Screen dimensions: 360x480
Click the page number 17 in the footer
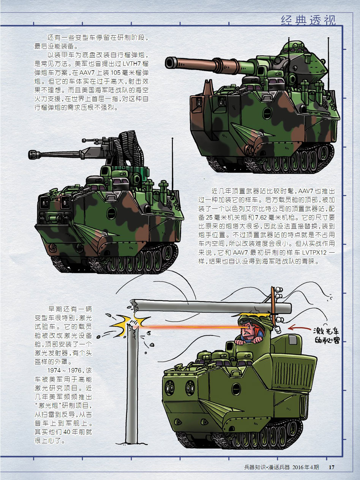tap(332, 467)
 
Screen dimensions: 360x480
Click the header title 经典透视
tap(308, 21)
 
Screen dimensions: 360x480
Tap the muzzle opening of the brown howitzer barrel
tap(169, 63)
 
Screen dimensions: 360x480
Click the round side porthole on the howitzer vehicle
tap(267, 113)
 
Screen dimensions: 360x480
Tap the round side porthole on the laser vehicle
tap(236, 389)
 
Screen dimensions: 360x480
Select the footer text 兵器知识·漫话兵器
tap(267, 467)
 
